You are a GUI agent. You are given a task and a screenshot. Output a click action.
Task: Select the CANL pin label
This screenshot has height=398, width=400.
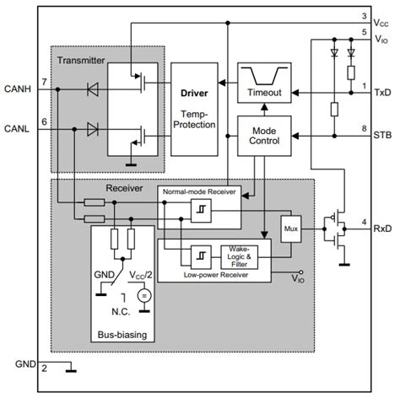pyautogui.click(x=19, y=128)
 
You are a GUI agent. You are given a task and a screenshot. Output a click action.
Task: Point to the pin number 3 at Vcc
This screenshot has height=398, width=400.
pyautogui.click(x=363, y=16)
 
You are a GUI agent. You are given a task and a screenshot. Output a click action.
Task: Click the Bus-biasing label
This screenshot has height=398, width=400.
pyautogui.click(x=122, y=335)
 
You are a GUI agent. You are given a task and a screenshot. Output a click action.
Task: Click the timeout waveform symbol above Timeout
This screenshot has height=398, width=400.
pyautogui.click(x=263, y=72)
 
